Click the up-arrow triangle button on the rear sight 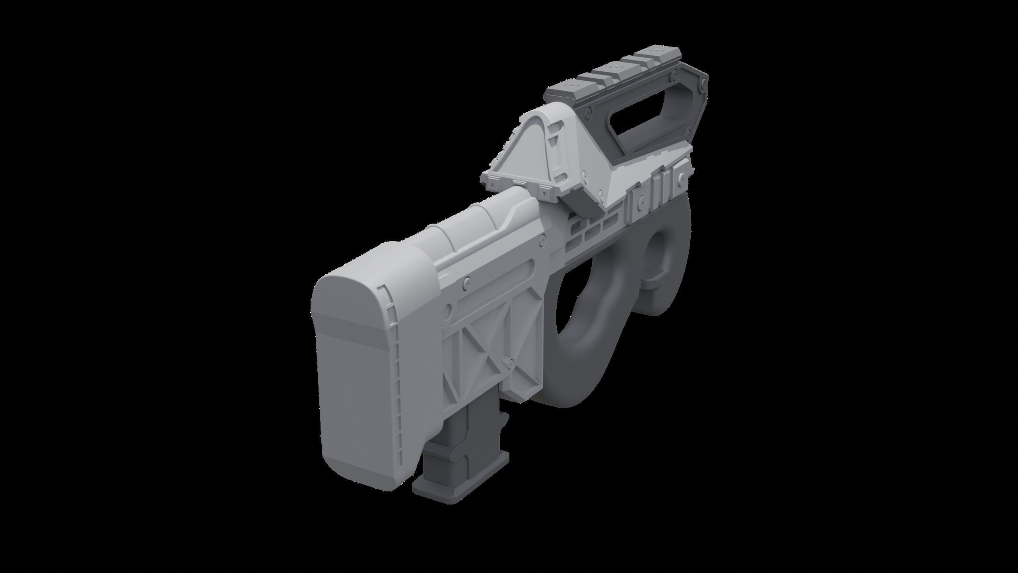coord(492,185)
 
